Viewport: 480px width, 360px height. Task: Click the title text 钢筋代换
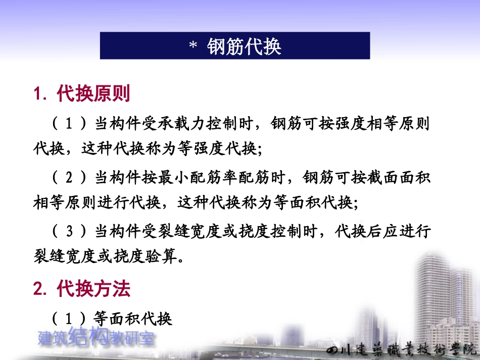point(244,46)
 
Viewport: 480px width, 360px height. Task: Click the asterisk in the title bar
point(193,47)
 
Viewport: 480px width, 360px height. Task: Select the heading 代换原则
point(93,93)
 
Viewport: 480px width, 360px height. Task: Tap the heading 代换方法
point(93,289)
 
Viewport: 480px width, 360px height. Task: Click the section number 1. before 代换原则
point(41,94)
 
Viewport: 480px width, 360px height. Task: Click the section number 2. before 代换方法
point(41,289)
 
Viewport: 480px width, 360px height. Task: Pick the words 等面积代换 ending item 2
point(319,203)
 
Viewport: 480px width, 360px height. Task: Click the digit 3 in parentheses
point(70,232)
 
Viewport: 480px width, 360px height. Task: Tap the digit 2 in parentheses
point(70,178)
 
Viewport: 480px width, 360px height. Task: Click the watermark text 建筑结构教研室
point(96,338)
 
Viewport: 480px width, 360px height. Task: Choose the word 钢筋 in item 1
point(287,123)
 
